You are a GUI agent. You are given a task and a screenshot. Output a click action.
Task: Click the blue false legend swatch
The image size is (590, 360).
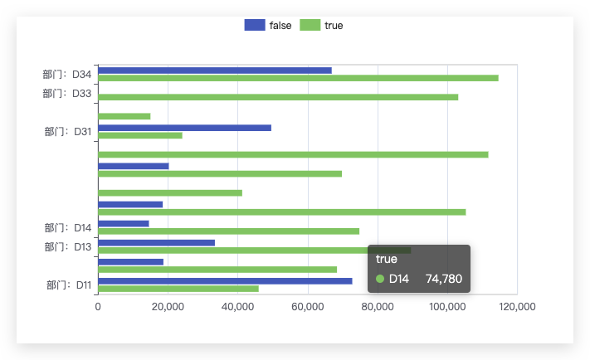pyautogui.click(x=255, y=25)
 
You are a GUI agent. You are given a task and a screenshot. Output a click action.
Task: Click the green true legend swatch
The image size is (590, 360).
pyautogui.click(x=310, y=25)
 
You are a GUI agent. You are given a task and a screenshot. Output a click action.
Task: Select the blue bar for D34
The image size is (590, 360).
pyautogui.click(x=215, y=71)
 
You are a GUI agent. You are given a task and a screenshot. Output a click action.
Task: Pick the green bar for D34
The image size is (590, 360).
pyautogui.click(x=299, y=78)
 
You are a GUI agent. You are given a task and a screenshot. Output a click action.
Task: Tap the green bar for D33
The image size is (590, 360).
pyautogui.click(x=278, y=97)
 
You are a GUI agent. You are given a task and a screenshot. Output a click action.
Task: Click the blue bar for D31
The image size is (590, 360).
pyautogui.click(x=185, y=128)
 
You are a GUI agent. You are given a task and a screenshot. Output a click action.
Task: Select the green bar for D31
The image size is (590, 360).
pyautogui.click(x=140, y=135)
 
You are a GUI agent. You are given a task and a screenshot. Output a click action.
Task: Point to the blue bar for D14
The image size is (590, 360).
pyautogui.click(x=124, y=224)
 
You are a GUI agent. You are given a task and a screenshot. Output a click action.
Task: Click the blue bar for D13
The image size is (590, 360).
pyautogui.click(x=157, y=243)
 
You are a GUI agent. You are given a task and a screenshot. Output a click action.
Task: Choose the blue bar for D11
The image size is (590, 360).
pyautogui.click(x=225, y=281)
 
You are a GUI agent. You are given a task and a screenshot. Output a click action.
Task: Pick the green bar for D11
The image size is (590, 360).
pyautogui.click(x=178, y=289)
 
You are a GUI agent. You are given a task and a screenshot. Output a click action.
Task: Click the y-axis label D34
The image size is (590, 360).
pyautogui.click(x=66, y=75)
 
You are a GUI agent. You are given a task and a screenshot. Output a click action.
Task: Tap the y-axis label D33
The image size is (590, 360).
pyautogui.click(x=66, y=93)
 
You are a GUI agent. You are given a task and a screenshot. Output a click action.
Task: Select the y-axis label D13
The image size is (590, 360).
pyautogui.click(x=68, y=246)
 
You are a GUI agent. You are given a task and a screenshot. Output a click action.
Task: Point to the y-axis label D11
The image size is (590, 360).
pyautogui.click(x=69, y=285)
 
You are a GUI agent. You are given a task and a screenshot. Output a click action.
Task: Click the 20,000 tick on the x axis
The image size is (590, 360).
pyautogui.click(x=168, y=307)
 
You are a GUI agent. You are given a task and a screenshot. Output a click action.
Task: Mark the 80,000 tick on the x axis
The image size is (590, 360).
pyautogui.click(x=378, y=307)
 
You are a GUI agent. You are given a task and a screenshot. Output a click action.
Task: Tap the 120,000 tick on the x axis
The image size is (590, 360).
pyautogui.click(x=517, y=307)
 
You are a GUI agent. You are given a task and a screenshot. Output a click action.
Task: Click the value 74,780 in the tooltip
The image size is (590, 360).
pyautogui.click(x=444, y=279)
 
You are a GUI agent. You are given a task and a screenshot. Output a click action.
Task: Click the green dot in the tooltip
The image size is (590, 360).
pyautogui.click(x=380, y=279)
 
